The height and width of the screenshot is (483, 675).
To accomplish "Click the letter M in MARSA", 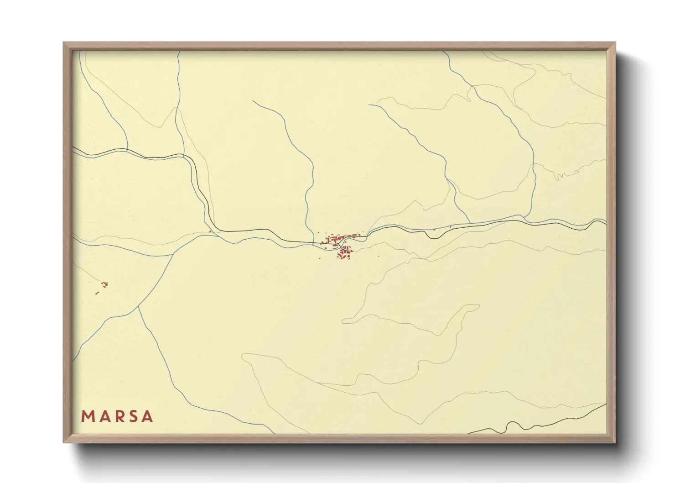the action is tap(87, 416).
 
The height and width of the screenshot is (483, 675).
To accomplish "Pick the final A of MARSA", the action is tap(147, 416).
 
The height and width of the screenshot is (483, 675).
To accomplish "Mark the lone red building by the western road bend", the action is tap(210, 231).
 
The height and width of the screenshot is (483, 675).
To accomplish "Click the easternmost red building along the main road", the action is tap(450, 226).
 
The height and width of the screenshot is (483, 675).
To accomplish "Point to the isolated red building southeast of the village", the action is tap(378, 257).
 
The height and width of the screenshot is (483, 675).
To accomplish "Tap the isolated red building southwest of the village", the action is tap(320, 258).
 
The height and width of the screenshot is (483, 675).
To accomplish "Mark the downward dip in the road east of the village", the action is tap(427, 236).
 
